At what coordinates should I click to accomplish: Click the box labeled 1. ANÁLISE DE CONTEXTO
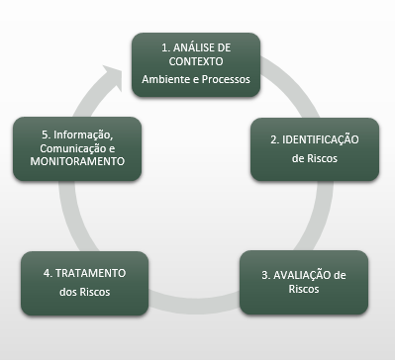click(x=197, y=65)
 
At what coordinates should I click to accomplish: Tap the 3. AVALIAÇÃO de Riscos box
click(x=304, y=282)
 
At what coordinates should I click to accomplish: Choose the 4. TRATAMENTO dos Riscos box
click(x=85, y=282)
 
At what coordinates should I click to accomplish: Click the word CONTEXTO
click(x=196, y=61)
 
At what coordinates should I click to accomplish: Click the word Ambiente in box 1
click(x=163, y=79)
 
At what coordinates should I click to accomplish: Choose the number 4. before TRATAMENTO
click(x=50, y=273)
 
